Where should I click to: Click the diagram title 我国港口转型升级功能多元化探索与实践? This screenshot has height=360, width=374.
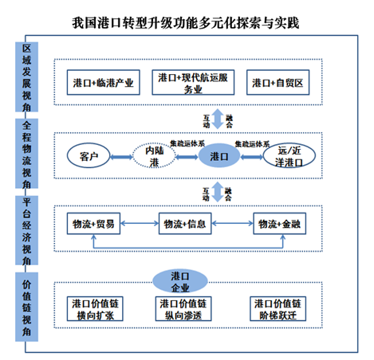point(186,23)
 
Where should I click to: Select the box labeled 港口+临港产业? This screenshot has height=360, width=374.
point(104,82)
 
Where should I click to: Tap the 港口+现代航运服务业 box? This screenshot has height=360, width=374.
point(193,82)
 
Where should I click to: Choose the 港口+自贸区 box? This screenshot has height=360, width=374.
point(278,82)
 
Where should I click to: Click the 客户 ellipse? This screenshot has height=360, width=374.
point(89,156)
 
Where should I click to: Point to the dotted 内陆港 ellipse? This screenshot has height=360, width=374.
point(154,156)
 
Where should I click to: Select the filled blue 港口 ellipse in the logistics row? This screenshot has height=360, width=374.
point(219,155)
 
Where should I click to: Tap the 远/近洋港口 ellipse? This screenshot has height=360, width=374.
point(289,156)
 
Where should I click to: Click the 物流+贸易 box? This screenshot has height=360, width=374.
point(93,224)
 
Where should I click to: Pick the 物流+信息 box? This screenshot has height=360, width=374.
point(185,224)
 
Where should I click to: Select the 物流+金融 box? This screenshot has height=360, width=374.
point(279,224)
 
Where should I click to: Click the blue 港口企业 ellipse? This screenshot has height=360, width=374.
point(180,281)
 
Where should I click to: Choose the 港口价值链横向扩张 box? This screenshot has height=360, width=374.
point(95,309)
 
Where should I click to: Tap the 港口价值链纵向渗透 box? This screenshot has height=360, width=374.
point(183,309)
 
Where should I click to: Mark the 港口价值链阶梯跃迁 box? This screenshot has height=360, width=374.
point(278,309)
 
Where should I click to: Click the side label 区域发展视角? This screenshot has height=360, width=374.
point(26,77)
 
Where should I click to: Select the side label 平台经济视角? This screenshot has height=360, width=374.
point(26,230)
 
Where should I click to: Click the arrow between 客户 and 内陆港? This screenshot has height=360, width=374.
point(121,157)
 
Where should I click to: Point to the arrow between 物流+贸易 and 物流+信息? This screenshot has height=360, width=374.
point(140,223)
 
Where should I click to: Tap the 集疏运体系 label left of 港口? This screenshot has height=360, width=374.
point(187,143)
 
